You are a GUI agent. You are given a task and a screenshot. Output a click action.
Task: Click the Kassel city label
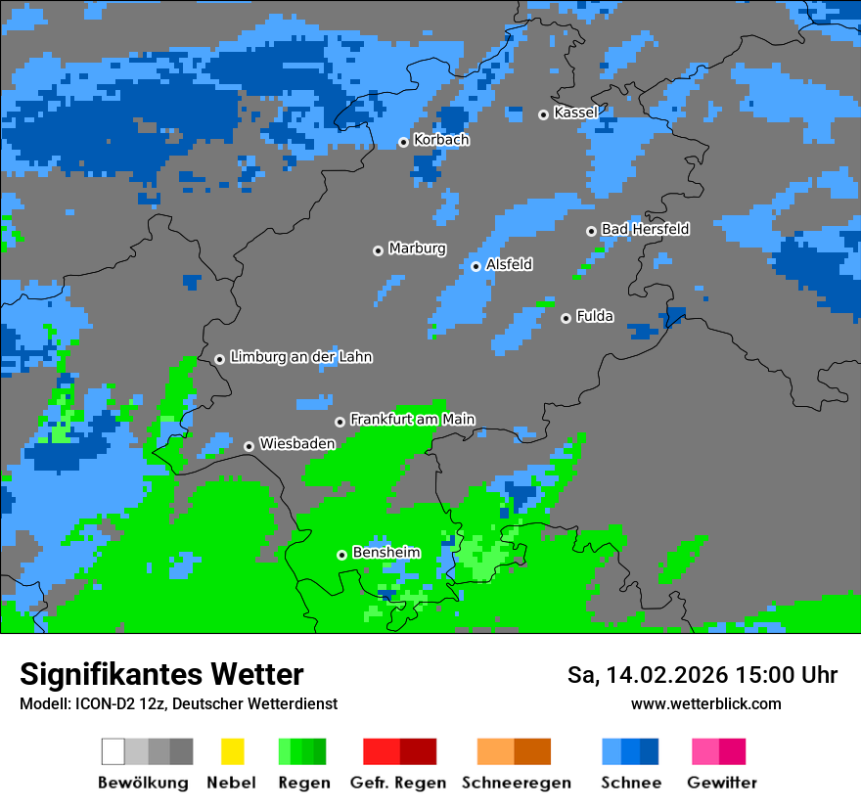coord(575,113)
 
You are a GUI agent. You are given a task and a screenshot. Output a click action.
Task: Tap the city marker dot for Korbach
coord(403,142)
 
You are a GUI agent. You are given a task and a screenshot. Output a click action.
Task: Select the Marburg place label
coord(417,248)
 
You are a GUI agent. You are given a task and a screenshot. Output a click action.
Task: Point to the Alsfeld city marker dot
coord(476,266)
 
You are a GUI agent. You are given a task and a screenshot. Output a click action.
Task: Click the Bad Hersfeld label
coord(645,229)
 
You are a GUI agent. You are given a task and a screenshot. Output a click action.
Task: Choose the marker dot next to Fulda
coord(566,318)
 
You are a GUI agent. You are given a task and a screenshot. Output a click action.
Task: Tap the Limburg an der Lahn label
coord(300,357)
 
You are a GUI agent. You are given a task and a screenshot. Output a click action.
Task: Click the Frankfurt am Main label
coord(412,419)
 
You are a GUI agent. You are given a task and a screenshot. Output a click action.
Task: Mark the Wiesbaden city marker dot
coord(249,446)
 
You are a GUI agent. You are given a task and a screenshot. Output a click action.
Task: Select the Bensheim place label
coord(385,553)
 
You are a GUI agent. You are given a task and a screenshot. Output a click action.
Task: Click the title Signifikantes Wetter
coord(161,674)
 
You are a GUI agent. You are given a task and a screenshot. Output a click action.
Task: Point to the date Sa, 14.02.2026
coord(645,675)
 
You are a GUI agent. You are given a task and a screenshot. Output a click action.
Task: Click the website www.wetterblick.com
coord(705,703)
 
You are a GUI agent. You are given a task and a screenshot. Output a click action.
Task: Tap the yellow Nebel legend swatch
coord(232,751)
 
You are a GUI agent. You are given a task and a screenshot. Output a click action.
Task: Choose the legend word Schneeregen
coord(515,783)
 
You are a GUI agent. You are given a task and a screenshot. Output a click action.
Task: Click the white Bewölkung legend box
coord(113,751)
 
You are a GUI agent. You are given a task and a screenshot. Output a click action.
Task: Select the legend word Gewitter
coord(721,783)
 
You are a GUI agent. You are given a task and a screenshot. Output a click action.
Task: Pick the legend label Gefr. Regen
coord(398,783)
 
